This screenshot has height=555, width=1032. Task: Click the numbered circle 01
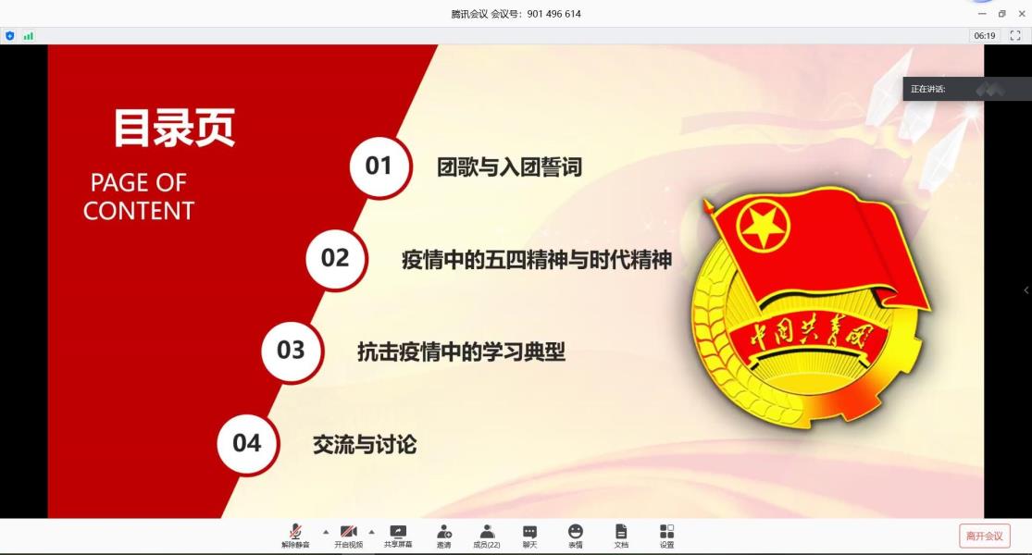click(379, 166)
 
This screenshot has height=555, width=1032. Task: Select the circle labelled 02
click(336, 259)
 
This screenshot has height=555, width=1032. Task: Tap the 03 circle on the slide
click(292, 351)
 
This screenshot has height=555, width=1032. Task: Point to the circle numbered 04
click(247, 444)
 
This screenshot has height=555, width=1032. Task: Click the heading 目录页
click(174, 128)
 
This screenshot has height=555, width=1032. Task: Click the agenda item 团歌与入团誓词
click(509, 167)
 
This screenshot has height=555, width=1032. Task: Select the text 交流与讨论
click(365, 445)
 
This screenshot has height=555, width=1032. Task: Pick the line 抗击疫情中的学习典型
click(461, 351)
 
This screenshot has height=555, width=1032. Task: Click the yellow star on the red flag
click(764, 227)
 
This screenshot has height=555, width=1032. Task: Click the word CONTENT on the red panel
click(139, 211)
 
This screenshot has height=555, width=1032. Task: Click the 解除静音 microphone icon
click(295, 531)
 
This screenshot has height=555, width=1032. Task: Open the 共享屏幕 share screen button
click(398, 531)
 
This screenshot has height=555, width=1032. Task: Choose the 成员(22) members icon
click(487, 531)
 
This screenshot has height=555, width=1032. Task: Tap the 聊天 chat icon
click(529, 531)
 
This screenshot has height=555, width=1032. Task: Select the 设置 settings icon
click(666, 531)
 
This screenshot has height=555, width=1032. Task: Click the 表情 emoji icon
click(575, 531)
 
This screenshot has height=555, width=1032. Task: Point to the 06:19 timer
click(985, 35)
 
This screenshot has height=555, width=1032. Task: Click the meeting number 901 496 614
click(554, 14)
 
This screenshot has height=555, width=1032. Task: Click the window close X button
click(1022, 13)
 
